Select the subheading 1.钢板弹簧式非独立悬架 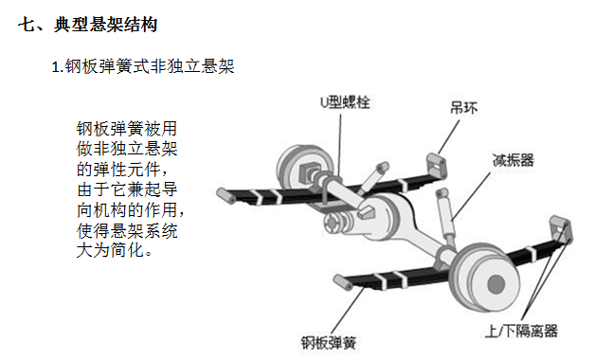point(142,66)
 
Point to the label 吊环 point(461,108)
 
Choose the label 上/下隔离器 point(520,331)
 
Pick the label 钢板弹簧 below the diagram point(328,342)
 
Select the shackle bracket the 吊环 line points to point(439,164)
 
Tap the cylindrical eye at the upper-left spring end point(224,196)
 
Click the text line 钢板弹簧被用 point(127,128)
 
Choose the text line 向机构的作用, point(127,211)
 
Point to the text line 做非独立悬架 point(127,149)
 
